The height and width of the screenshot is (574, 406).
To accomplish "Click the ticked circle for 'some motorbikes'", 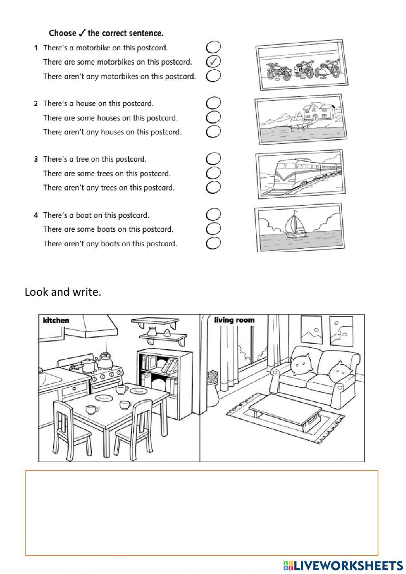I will point(214,62).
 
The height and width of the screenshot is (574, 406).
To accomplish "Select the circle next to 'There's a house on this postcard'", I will point(214,103).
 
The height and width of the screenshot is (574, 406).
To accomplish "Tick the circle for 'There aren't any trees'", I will point(214,187).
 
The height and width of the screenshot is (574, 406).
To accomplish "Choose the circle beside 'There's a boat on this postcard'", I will point(214,214).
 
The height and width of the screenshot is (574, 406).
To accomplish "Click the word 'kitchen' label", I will point(56,320).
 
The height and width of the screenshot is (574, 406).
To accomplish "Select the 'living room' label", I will point(234,320).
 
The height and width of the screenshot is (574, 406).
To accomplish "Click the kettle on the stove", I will point(105,361).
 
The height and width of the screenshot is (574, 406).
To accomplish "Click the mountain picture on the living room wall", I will point(311,330).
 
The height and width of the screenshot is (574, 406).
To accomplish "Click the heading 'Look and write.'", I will point(63,292).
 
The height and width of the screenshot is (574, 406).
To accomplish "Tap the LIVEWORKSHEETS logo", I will point(343,565).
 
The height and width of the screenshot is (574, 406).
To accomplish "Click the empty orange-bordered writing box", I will point(202,513).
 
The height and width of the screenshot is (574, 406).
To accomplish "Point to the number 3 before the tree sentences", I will point(36,159).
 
